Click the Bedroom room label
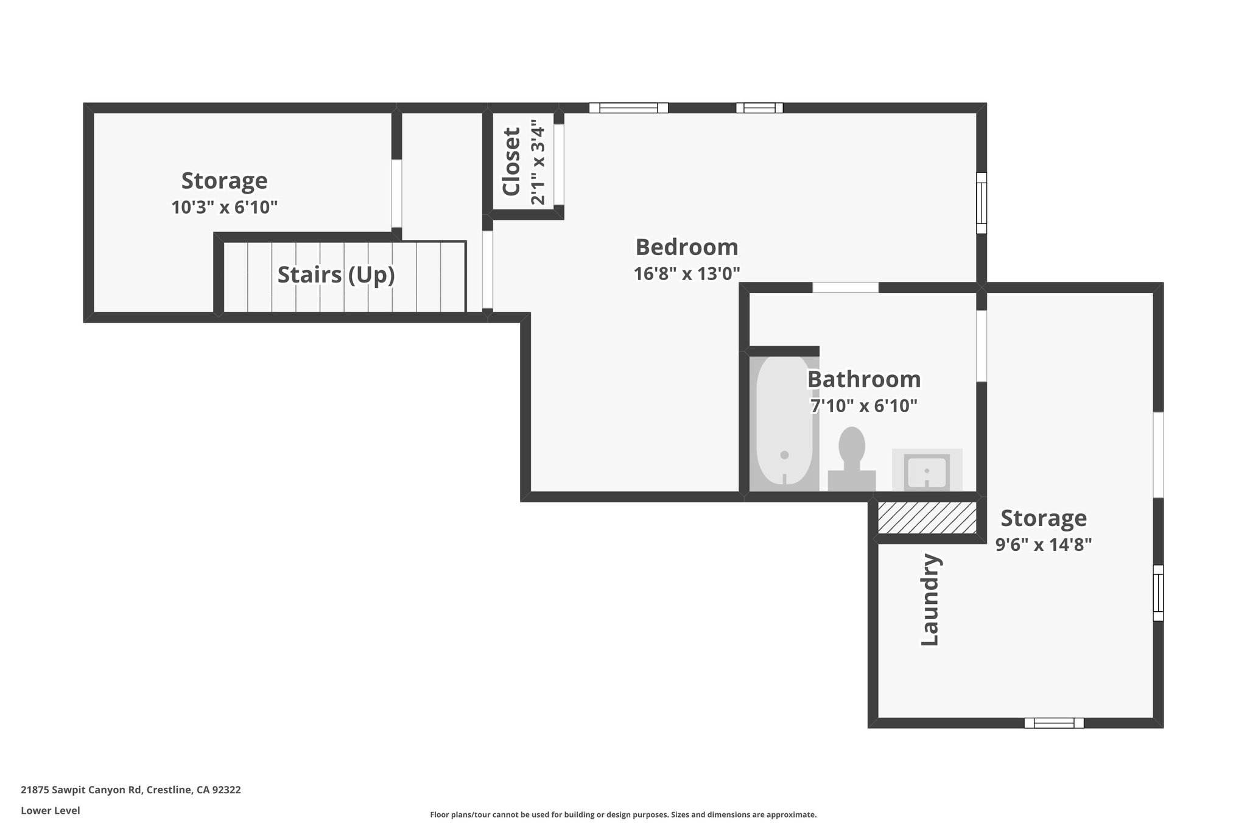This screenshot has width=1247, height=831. pos(686,247)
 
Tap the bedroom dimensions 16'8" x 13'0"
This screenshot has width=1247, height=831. pos(686,274)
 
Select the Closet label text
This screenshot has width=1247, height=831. pos(511,161)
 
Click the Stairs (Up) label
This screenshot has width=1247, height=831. pos(336,275)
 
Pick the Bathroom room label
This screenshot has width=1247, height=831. pos(863,379)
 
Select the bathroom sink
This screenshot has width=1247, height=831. pos(926,471)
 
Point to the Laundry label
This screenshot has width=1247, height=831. pos(930,600)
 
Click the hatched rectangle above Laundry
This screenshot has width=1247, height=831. pos(927,517)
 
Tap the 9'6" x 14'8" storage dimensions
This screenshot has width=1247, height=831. pos(1043,544)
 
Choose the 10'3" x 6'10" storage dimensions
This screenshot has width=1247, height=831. pos(224,208)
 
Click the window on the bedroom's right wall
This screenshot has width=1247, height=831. pos(981,203)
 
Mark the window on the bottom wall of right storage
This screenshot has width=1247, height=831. pos(1053,723)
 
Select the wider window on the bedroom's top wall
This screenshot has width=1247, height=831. pos(628,108)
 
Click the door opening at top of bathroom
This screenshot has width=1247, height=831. pos(845,287)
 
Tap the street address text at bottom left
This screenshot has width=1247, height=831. pos(131,790)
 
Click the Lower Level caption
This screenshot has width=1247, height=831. pos(51,810)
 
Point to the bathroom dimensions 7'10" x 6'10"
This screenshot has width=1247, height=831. pos(863,405)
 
